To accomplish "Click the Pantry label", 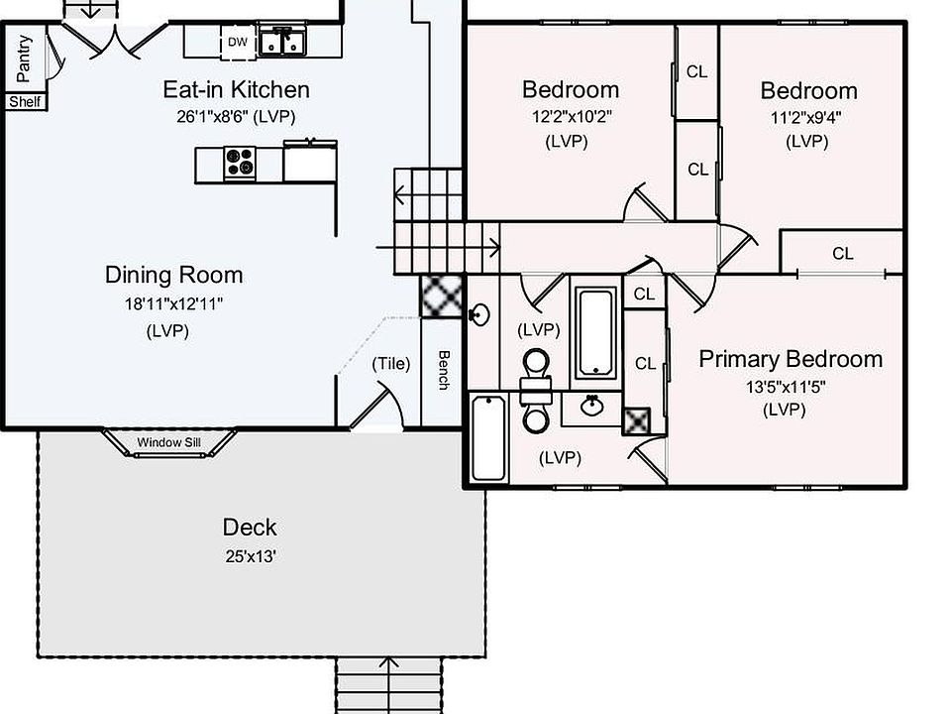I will [25, 59].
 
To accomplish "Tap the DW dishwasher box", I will [237, 42].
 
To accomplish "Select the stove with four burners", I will [239, 163].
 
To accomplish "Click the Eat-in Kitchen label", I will [236, 90].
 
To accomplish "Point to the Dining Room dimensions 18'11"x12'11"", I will [173, 304].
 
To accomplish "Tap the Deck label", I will [249, 528].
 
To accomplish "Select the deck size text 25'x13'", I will [249, 556].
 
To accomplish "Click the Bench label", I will [444, 369].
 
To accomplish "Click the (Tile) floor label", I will [390, 364].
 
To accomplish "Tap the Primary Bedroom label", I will [790, 359].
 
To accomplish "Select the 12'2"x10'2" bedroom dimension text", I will [571, 116].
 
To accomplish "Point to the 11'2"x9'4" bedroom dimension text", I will [807, 116].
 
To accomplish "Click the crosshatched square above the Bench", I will [437, 296].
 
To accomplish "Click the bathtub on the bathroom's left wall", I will [488, 436].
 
